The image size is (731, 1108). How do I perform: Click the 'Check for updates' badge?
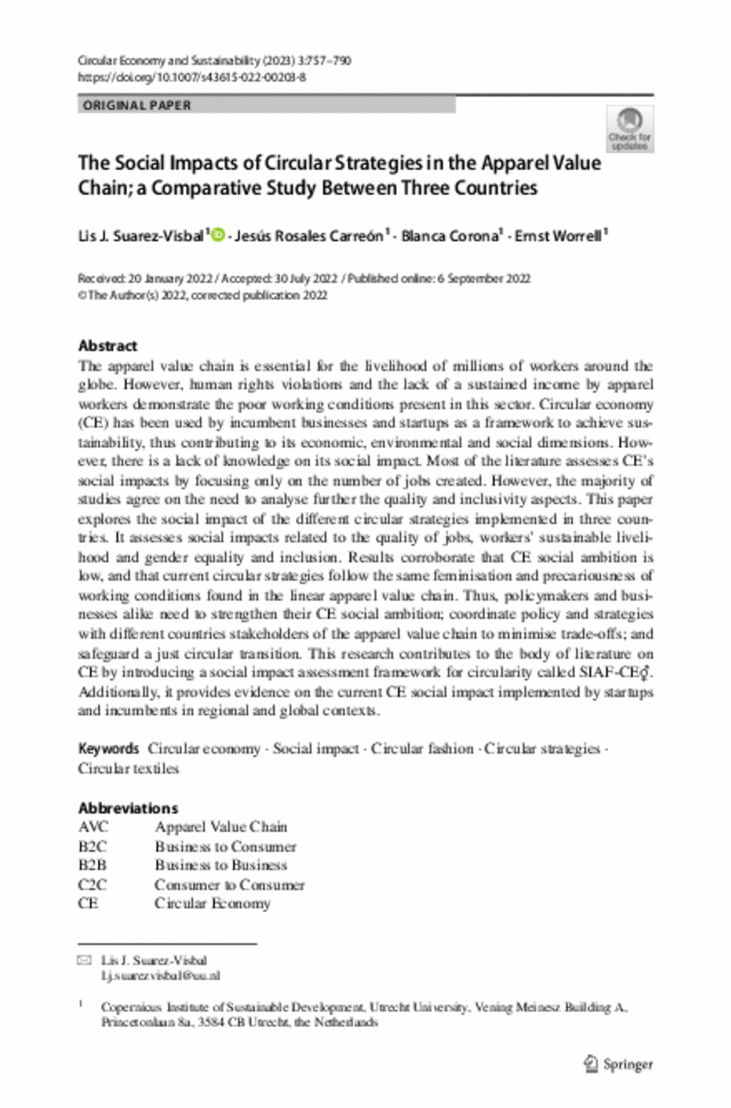[x=630, y=129]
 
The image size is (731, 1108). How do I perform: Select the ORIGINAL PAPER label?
[x=137, y=105]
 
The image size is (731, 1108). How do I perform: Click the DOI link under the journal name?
[x=192, y=77]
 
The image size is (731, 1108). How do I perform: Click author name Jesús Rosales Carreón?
[x=309, y=236]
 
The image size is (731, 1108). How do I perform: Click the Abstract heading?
[x=107, y=345]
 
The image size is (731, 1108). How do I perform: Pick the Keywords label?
[x=108, y=749]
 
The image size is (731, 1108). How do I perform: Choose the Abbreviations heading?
[x=128, y=808]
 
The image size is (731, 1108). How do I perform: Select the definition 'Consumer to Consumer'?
[x=230, y=885]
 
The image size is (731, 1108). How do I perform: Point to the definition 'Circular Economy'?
[x=212, y=903]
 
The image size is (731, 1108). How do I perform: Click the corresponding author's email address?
[x=160, y=975]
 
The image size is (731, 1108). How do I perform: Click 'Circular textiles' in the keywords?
[x=129, y=768]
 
